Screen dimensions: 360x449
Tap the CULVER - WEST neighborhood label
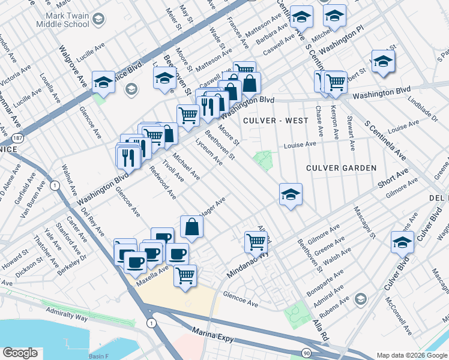pos(267,121)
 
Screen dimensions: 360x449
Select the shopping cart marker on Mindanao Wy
pos(256,242)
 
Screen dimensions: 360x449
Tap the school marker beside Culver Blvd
pos(402,242)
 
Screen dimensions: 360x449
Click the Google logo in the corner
pos(20,353)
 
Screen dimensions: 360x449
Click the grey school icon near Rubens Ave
pos(360,299)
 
